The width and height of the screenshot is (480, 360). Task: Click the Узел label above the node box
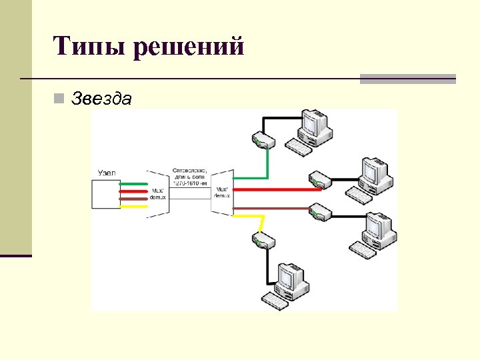[107, 173]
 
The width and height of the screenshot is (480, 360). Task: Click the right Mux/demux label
[221, 192]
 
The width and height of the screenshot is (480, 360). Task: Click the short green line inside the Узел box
[133, 183]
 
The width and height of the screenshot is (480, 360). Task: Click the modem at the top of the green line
[262, 141]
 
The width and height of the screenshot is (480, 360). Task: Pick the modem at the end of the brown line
[321, 212]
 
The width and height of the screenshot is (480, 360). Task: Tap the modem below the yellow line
[262, 241]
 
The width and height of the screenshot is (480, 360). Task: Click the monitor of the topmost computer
[311, 123]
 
